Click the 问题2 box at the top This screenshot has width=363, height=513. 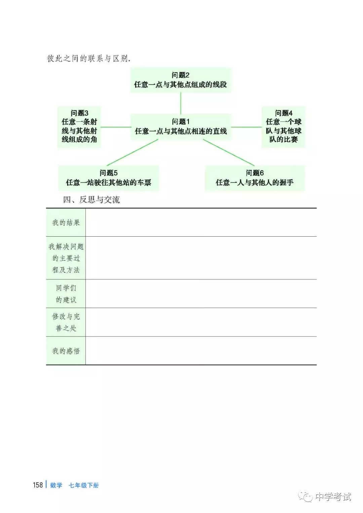tap(181, 80)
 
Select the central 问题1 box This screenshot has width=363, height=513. tap(181, 127)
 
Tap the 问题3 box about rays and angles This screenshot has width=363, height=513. tap(79, 127)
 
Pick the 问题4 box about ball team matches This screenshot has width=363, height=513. tap(283, 127)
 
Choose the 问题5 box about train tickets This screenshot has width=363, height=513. tap(109, 178)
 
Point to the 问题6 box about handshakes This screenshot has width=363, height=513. tap(254, 178)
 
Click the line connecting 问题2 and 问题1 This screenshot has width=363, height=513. tap(181, 103)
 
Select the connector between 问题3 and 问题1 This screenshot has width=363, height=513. tap(116, 127)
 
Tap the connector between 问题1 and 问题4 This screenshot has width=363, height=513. tap(246, 127)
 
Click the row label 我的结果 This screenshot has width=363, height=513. tap(66, 223)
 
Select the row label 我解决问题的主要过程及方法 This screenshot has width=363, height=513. tap(66, 258)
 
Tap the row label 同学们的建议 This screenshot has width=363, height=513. tap(66, 294)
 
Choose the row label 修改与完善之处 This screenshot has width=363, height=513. tap(66, 322)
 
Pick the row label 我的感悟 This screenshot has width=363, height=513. tap(66, 351)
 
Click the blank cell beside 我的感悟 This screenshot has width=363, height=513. tap(201, 351)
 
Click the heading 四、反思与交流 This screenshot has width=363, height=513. tap(91, 200)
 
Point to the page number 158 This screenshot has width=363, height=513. tap(38, 485)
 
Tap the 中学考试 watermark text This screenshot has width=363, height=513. tap(333, 497)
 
